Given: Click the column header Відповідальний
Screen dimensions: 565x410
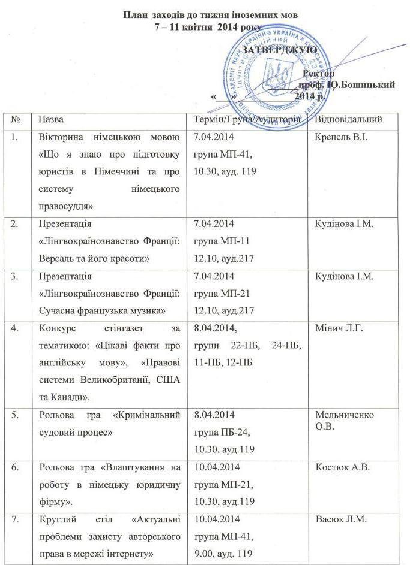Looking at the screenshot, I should (x=349, y=119).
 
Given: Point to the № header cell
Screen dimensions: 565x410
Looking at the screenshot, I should (x=16, y=119).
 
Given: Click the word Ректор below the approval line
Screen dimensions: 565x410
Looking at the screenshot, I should (x=319, y=73).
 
